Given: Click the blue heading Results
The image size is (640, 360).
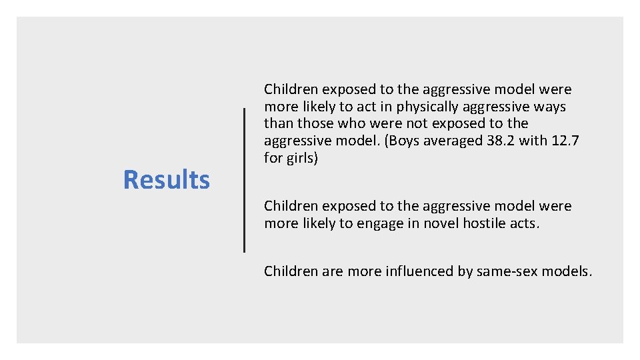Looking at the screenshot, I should pyautogui.click(x=167, y=180).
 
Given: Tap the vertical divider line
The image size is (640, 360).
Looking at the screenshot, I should pyautogui.click(x=244, y=180).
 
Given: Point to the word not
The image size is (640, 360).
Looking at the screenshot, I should pyautogui.click(x=416, y=123).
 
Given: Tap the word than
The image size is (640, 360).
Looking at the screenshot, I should pyautogui.click(x=279, y=123).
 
